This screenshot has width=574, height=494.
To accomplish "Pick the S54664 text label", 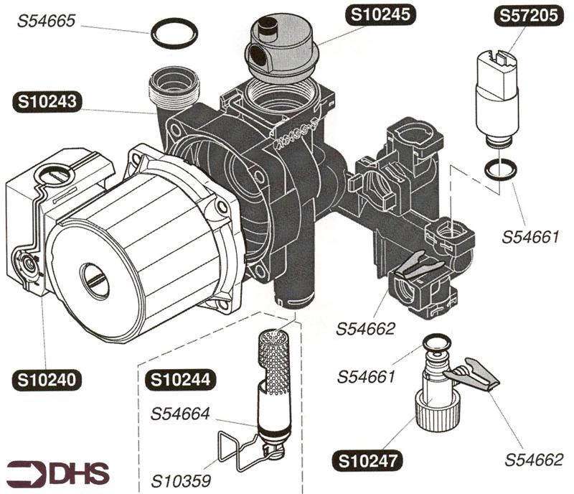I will click(180, 414).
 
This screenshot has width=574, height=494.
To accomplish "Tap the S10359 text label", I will click(180, 476).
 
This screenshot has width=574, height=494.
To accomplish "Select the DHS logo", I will click(57, 472).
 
